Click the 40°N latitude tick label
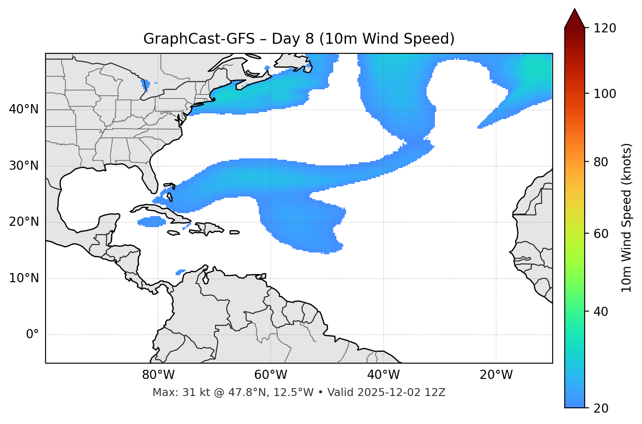(24, 109)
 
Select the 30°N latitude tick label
(24, 166)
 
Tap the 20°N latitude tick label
(24, 222)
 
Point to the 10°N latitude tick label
(24, 278)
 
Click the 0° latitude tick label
(32, 335)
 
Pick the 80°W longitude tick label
(158, 375)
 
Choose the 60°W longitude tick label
(271, 375)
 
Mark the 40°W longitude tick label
(383, 375)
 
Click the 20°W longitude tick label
(496, 375)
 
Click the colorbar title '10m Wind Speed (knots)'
(627, 217)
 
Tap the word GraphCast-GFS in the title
(199, 39)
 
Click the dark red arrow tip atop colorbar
(575, 18)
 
